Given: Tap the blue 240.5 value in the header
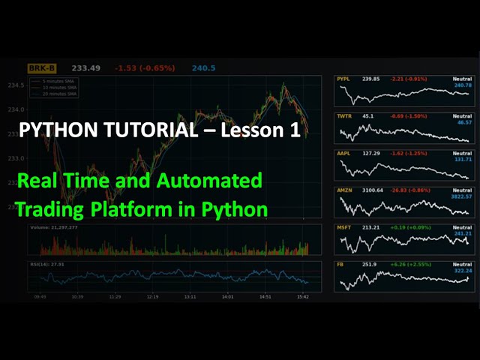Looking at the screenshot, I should click(203, 68).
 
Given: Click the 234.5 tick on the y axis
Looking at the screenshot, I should click(16, 85).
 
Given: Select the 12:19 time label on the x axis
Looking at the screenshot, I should click(152, 296).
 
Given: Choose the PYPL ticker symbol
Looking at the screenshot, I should click(343, 79).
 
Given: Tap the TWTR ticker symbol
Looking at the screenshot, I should click(344, 116).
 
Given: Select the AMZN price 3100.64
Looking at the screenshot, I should click(373, 190).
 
